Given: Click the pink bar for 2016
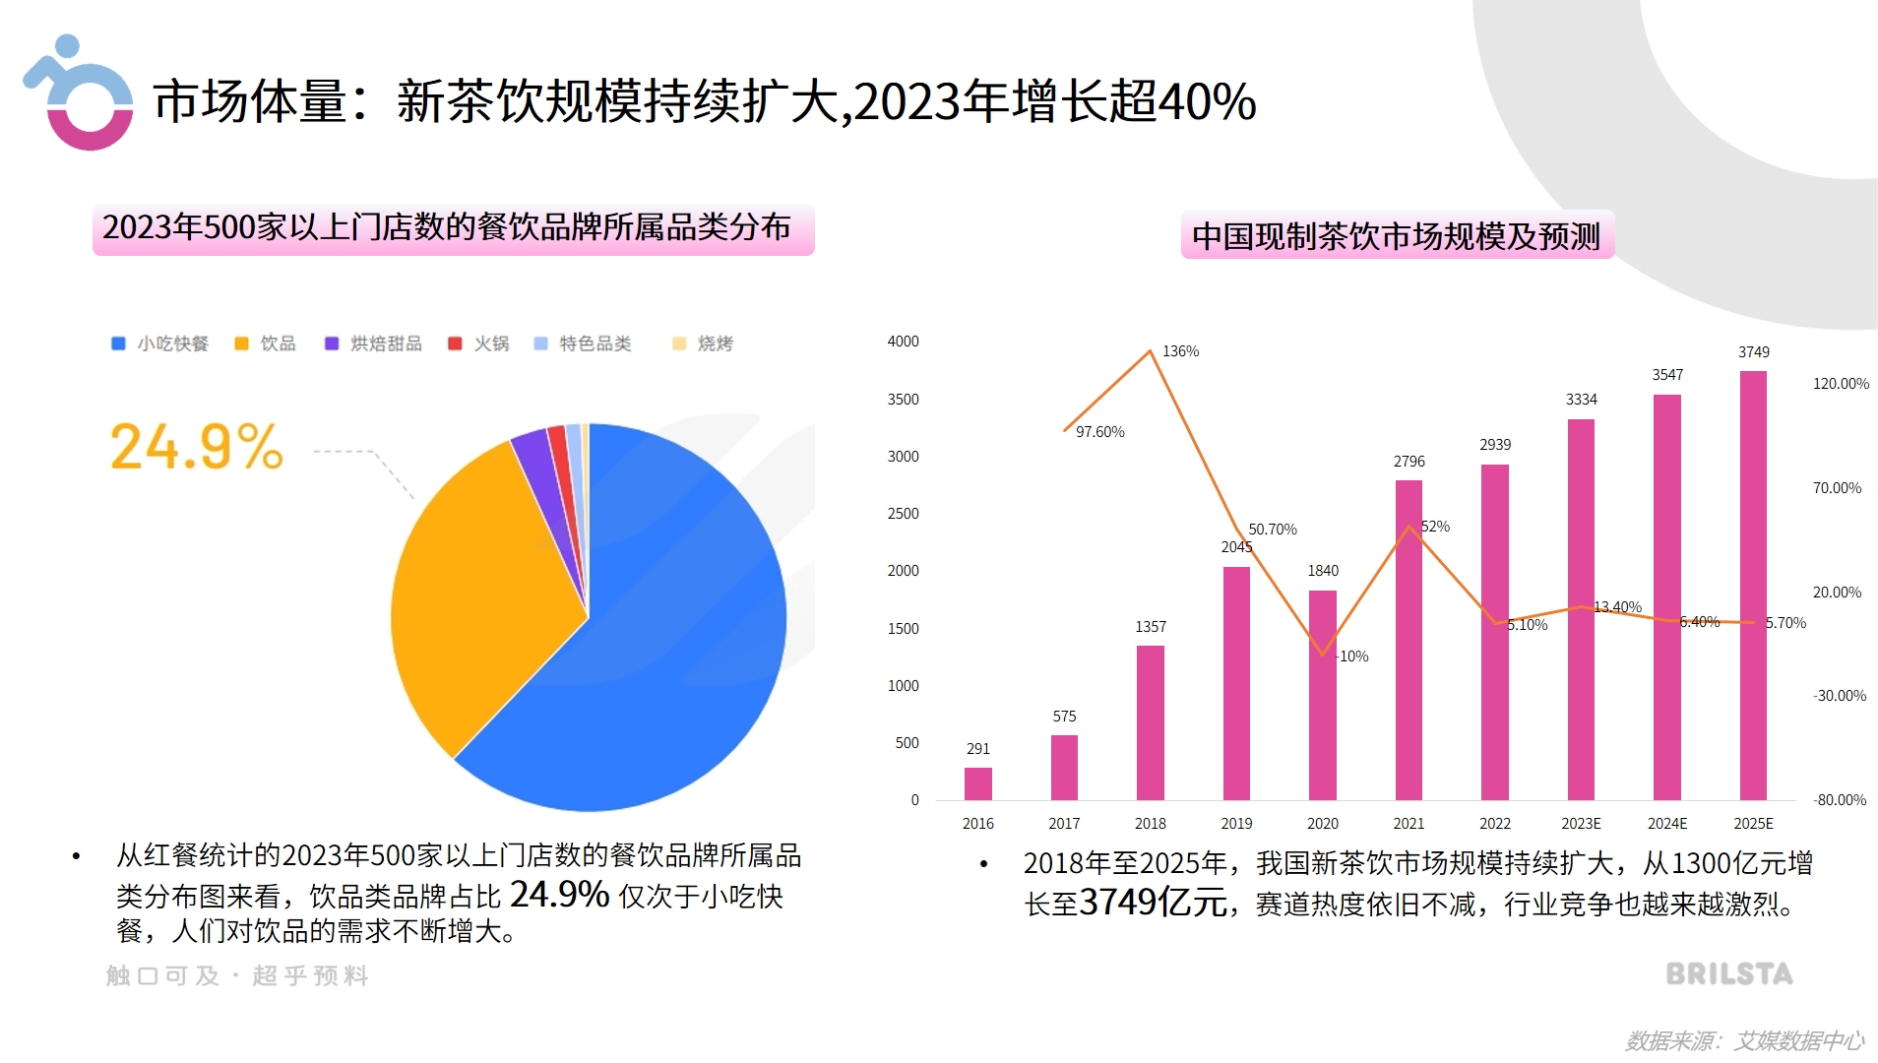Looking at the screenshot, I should tap(977, 783).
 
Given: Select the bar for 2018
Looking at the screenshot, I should tap(1150, 722).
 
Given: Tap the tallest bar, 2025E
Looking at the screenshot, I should tap(1753, 585).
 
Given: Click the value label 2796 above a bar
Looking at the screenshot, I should tap(1408, 462).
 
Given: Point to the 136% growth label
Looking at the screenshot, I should tap(1180, 351).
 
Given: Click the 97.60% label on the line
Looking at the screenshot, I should tap(1099, 432).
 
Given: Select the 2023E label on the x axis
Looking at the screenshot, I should tap(1581, 824).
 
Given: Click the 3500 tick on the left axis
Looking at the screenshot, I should tap(903, 400).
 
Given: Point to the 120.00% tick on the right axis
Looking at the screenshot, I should tap(1840, 384).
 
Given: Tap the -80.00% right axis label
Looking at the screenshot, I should tap(1839, 800).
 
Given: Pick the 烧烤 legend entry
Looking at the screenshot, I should tap(703, 344).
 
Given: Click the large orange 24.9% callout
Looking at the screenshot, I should tap(197, 448).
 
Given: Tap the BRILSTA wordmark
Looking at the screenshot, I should tap(1728, 974).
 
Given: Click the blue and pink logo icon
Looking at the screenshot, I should tap(79, 94).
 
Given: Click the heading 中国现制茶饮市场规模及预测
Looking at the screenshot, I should tap(1396, 236).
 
